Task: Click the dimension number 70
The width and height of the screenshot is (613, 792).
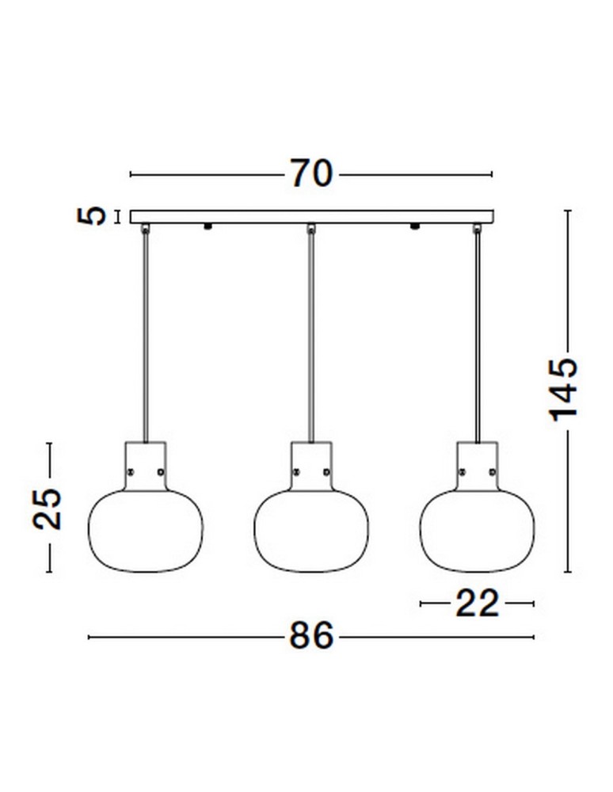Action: [310, 173]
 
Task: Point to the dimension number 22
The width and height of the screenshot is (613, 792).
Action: [477, 604]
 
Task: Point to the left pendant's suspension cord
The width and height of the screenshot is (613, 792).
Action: [145, 333]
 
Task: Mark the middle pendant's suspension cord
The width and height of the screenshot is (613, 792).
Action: [311, 333]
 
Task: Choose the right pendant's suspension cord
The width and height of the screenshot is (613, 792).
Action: [477, 333]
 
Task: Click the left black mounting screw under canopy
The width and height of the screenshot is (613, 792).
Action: [208, 227]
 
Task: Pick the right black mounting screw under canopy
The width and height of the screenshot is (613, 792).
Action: [413, 227]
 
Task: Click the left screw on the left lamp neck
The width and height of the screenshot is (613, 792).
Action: [131, 471]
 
